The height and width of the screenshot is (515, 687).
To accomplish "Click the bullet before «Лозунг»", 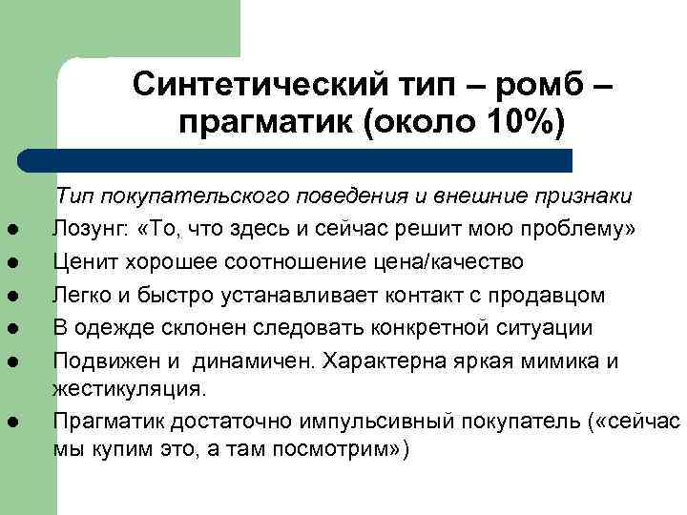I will click(31, 230).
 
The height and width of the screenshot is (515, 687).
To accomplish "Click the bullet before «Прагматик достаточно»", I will click(31, 422).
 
